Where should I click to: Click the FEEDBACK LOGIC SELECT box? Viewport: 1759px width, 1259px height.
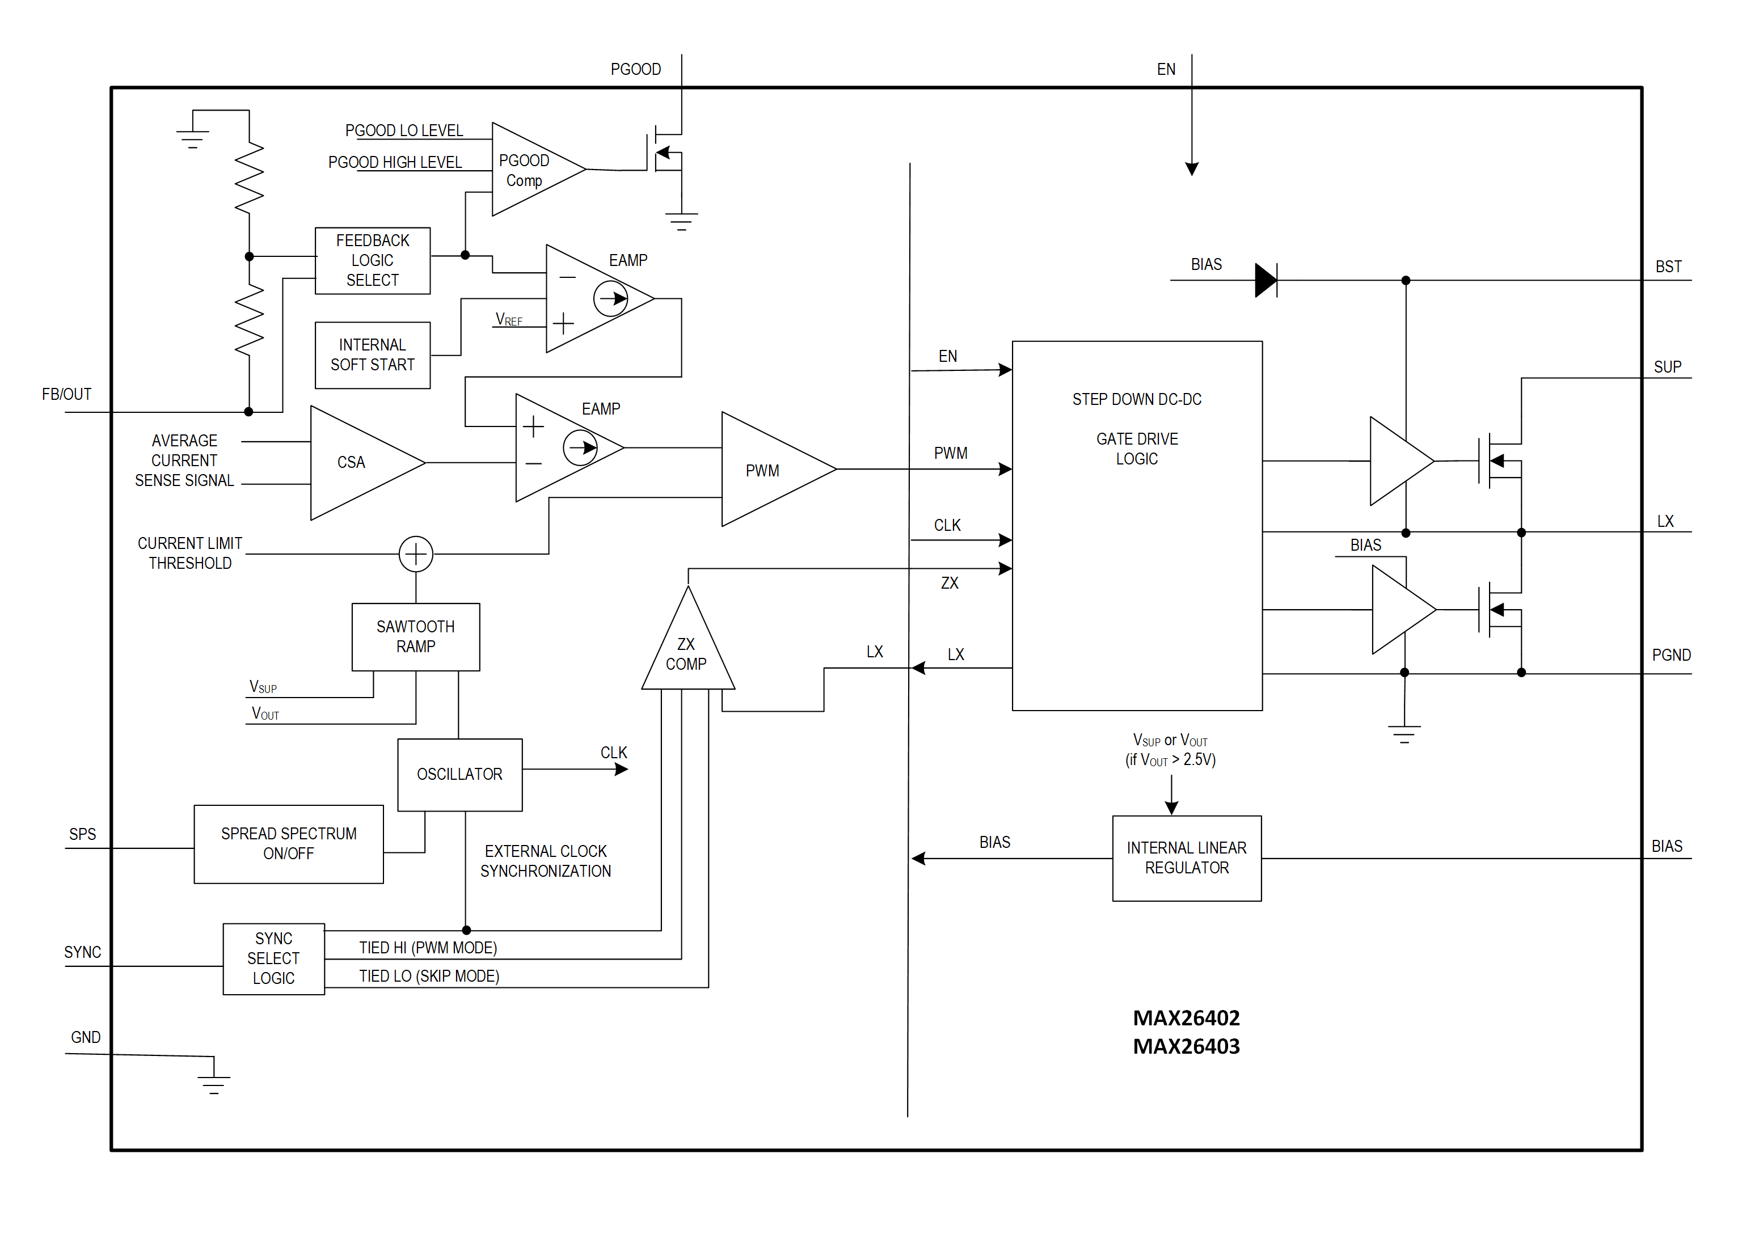tap(372, 260)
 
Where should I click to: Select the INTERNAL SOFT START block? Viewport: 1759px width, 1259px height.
tap(372, 355)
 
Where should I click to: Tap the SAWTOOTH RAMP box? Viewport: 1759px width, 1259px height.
tap(416, 636)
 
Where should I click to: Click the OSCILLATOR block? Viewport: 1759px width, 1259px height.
tap(459, 775)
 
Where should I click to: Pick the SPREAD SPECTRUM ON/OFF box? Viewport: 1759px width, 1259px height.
tap(288, 843)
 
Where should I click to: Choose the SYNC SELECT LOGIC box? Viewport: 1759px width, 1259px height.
tap(273, 958)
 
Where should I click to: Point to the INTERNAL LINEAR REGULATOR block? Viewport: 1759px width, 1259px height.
tap(1186, 857)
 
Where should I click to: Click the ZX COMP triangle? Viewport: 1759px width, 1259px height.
tap(687, 651)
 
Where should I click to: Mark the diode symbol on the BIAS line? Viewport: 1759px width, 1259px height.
tap(1265, 280)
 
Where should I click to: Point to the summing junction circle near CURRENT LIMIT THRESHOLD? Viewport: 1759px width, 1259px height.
tap(416, 554)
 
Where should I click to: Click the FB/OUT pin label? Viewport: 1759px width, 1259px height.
tap(67, 395)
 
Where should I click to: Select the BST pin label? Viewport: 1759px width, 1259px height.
tap(1668, 267)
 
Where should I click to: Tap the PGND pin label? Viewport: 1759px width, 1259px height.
tap(1671, 655)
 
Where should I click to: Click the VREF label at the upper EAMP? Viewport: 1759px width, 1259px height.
tap(509, 319)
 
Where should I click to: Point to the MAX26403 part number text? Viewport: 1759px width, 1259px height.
tap(1186, 1046)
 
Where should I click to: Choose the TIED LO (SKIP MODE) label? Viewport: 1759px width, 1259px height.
tap(429, 976)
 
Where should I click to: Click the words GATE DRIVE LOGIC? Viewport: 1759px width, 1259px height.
tap(1137, 449)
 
